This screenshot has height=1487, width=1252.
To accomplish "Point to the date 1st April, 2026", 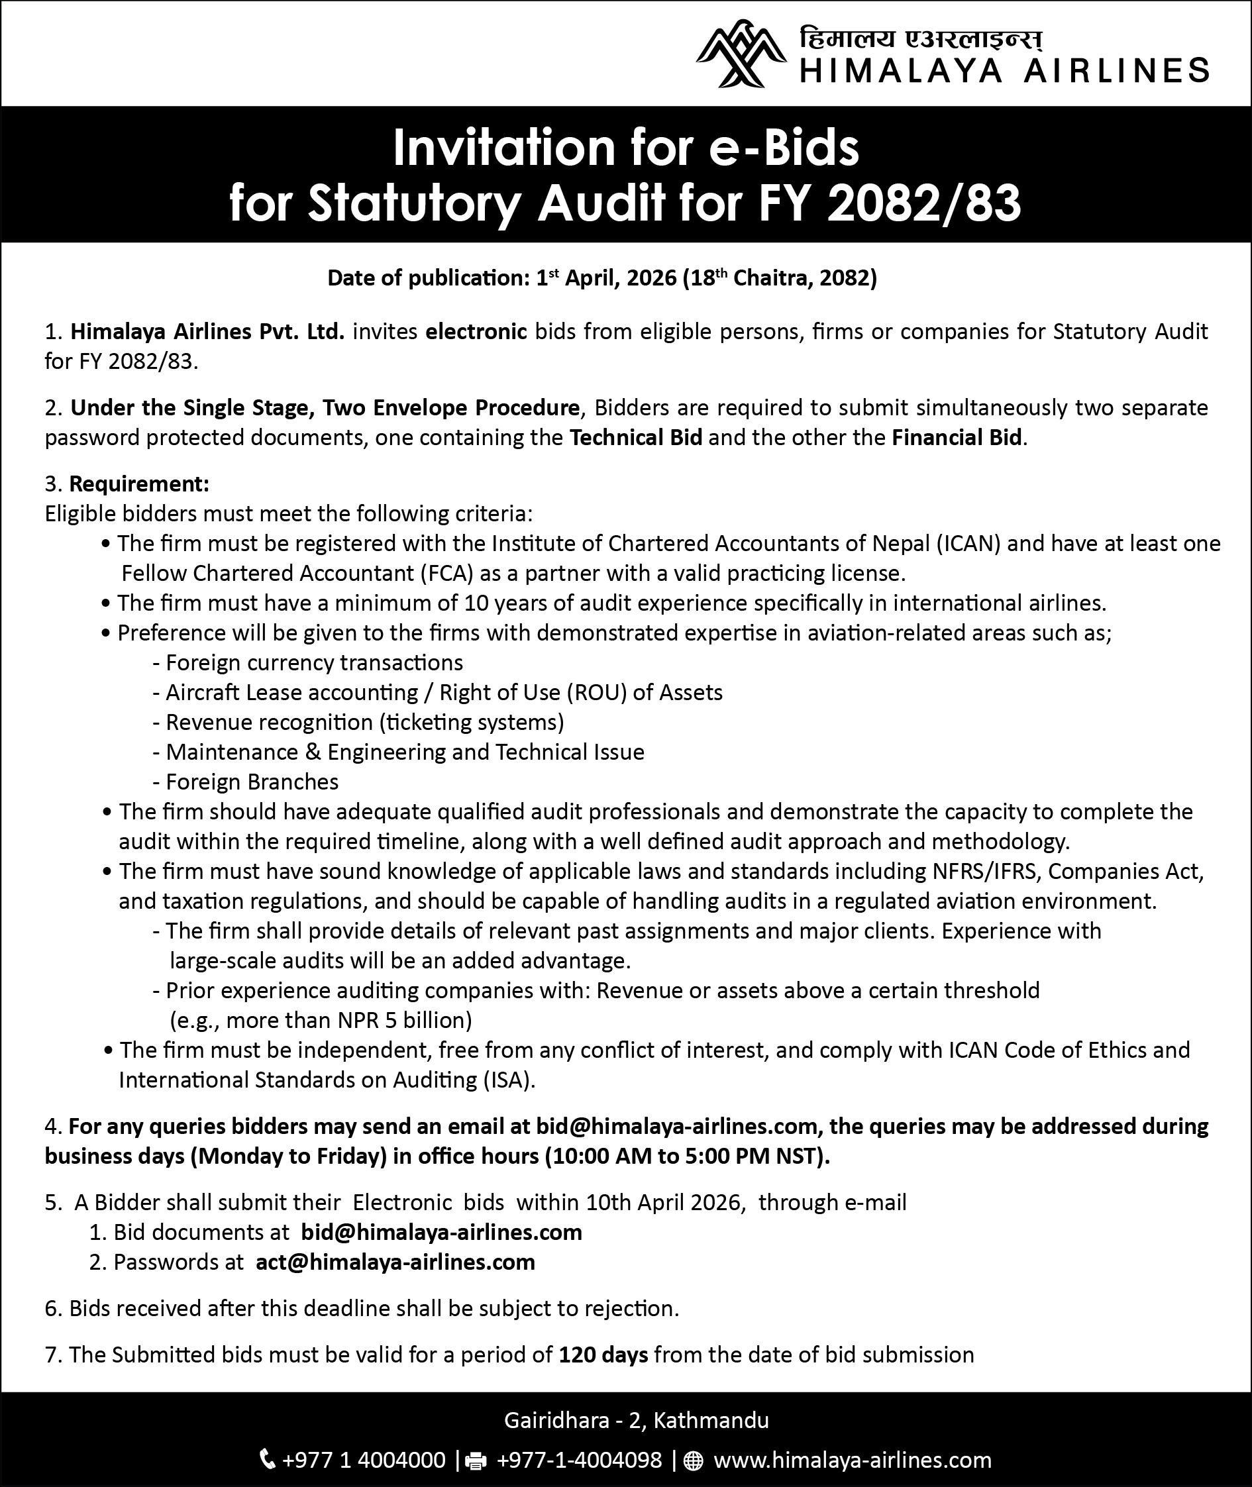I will pyautogui.click(x=606, y=278).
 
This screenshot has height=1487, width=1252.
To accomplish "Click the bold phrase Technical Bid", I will pyautogui.click(x=636, y=437).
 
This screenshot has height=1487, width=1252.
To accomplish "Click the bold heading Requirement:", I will pyautogui.click(x=139, y=484).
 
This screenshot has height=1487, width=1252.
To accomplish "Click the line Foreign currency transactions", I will pyautogui.click(x=314, y=663).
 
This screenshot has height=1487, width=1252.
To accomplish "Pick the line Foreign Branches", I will pyautogui.click(x=252, y=782).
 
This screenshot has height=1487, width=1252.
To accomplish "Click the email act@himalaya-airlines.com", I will pyautogui.click(x=395, y=1262).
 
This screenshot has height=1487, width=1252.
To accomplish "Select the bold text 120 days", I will pyautogui.click(x=603, y=1355).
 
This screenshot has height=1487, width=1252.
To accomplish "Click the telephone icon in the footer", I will pyautogui.click(x=268, y=1460).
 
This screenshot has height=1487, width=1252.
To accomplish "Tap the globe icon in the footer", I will pyautogui.click(x=693, y=1461).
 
